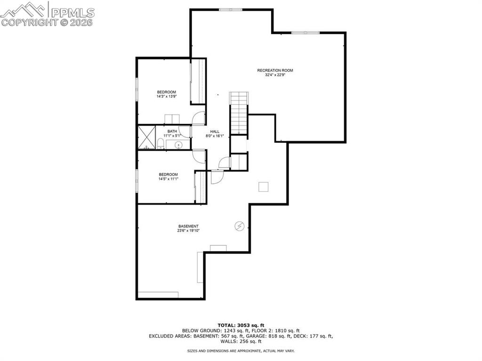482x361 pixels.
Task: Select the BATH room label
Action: coord(172,131)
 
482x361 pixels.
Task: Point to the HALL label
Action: coord(215,132)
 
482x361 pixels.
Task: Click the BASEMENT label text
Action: coord(188,226)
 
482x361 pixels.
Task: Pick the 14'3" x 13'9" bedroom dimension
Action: coord(167,97)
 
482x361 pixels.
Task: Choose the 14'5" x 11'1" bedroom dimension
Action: coord(168,179)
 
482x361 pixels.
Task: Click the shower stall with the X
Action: coord(146,137)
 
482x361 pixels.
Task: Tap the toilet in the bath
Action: coord(160,143)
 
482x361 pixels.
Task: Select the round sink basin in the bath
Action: coord(178,145)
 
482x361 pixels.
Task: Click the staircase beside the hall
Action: coord(239,113)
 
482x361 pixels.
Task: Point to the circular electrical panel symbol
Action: coord(239,227)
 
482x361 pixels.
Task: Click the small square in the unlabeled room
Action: coord(264,187)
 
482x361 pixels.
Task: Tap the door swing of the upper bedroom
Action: coord(200,118)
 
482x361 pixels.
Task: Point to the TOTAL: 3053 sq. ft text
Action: coord(241,325)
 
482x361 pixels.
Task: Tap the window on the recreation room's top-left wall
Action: coord(231,9)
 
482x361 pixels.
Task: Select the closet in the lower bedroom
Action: coord(200,187)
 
